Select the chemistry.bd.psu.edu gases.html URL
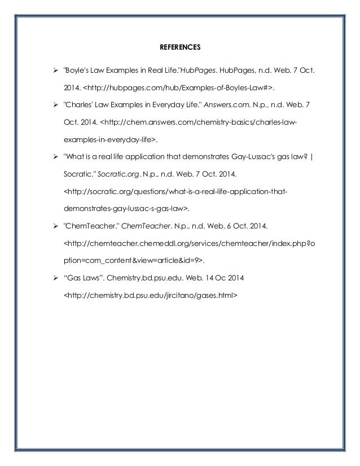click(x=150, y=294)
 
